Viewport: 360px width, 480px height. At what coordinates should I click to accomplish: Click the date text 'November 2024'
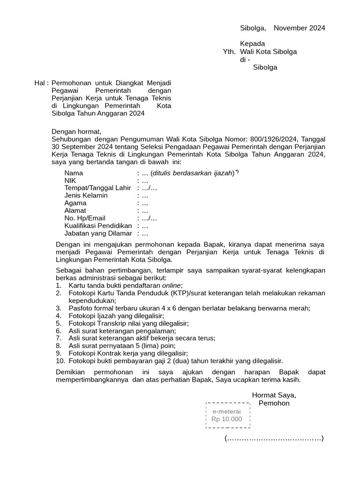point(299,28)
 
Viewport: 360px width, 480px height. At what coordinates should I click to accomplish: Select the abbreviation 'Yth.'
point(230,52)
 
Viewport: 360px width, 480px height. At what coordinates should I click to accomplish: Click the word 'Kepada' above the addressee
point(253,44)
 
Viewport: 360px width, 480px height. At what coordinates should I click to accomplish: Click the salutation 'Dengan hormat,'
point(76,132)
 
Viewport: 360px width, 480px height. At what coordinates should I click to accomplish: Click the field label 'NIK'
point(70,180)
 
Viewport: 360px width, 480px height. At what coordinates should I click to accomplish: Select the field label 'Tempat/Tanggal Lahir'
point(97,188)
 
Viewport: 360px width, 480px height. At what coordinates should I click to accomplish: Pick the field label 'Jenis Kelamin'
point(86,195)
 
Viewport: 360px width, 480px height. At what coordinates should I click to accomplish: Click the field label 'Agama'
point(75,203)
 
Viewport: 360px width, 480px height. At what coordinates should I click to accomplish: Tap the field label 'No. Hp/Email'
point(85,218)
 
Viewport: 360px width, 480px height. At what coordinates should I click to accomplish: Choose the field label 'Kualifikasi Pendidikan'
point(99,225)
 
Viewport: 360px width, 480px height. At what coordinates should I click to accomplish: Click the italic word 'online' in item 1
point(172,285)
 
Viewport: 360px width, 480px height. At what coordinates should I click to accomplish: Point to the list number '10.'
point(60,360)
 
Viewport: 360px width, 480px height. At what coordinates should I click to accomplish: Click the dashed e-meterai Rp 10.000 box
point(227,415)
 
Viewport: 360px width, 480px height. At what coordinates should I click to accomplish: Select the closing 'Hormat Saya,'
point(274,395)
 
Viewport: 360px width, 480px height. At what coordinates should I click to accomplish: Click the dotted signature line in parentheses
point(274,439)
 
